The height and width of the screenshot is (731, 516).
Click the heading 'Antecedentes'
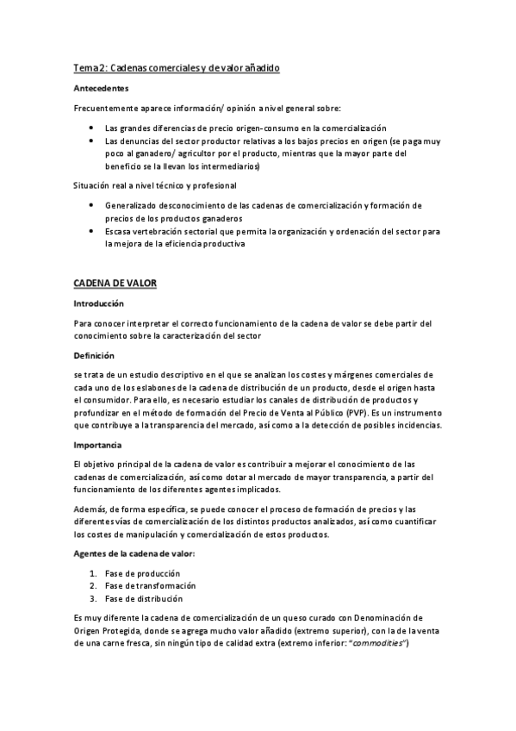point(103,88)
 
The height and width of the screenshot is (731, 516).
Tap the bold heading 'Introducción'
point(100,303)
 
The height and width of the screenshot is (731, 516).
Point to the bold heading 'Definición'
point(94,355)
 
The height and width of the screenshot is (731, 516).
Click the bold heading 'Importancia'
point(99,444)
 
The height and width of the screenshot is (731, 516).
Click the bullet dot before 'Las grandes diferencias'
point(92,127)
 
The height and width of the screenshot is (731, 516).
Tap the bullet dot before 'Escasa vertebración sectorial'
point(92,232)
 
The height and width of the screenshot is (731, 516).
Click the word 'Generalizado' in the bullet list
point(131,205)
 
